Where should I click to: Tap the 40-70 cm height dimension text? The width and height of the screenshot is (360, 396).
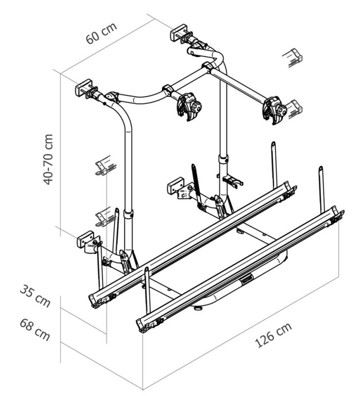point(48,159)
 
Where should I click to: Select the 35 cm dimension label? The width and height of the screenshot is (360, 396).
point(35,296)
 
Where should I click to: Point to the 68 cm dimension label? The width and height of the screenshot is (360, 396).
point(35,329)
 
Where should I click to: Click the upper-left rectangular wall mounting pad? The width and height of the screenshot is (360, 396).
point(84,88)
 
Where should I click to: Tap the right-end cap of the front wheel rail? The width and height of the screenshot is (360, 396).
point(338,214)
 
